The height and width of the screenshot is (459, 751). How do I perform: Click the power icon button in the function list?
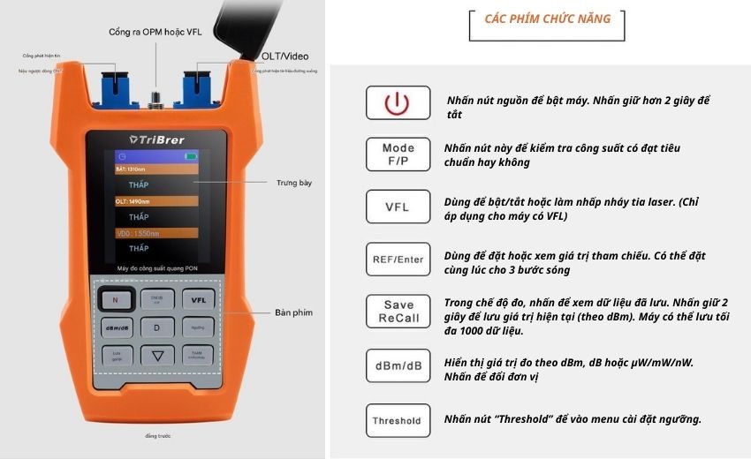(x=398, y=103)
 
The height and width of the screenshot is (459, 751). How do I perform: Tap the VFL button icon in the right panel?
(x=398, y=207)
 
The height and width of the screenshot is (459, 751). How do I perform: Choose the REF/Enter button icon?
(x=398, y=260)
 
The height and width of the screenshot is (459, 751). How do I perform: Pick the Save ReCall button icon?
(x=398, y=312)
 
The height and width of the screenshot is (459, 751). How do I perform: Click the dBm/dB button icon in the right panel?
(x=398, y=365)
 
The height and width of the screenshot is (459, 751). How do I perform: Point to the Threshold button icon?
(x=398, y=420)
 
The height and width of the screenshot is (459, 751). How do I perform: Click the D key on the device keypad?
(x=156, y=327)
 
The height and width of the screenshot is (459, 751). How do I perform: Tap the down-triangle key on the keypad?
(x=156, y=356)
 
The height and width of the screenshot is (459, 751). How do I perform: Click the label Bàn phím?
(x=294, y=312)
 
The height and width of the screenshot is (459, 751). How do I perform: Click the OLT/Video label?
(x=284, y=56)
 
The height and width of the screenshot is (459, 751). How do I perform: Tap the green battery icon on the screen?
(x=190, y=156)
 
